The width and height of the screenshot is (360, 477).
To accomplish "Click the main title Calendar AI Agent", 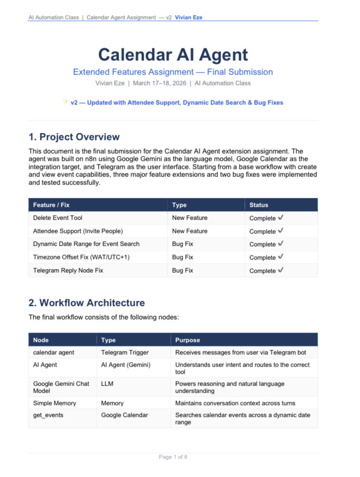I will pos(173,55).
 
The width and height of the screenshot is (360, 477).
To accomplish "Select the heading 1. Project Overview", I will pos(74,137).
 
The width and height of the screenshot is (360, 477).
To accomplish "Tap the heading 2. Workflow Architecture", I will pos(87,303).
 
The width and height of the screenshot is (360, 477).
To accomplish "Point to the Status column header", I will pos(258,205).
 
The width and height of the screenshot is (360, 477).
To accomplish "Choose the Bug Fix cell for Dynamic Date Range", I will pos(183,244).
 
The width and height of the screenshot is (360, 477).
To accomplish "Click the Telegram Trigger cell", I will pos(125,352).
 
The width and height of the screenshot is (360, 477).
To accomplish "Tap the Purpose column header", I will pos(188,340).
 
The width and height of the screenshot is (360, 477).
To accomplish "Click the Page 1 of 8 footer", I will pos(173,457).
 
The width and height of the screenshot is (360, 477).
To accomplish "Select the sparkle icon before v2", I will pos(65,101).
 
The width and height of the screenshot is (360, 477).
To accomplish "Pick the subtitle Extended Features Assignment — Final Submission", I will pos(173,72).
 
